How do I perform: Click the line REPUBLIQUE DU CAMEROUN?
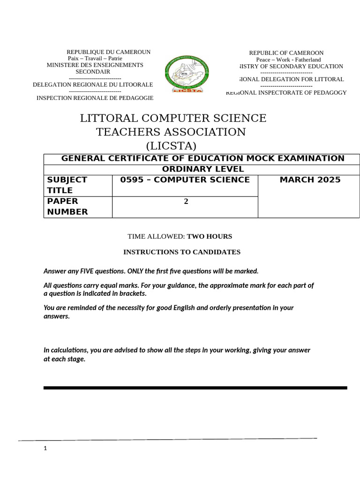point(108,52)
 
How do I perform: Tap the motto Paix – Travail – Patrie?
point(95,59)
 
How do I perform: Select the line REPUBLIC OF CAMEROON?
point(286,53)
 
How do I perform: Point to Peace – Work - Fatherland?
point(288,60)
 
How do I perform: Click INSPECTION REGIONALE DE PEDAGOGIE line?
point(95,98)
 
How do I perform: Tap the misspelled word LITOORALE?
point(136,84)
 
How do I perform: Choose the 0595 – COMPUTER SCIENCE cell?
point(185,180)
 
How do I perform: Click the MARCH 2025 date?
point(310,180)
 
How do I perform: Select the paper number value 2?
point(186,202)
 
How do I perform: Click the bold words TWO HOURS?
point(210,236)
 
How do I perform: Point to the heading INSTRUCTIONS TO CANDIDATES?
point(182,252)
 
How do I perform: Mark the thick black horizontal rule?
point(195,388)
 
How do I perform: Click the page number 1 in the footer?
point(45,449)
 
